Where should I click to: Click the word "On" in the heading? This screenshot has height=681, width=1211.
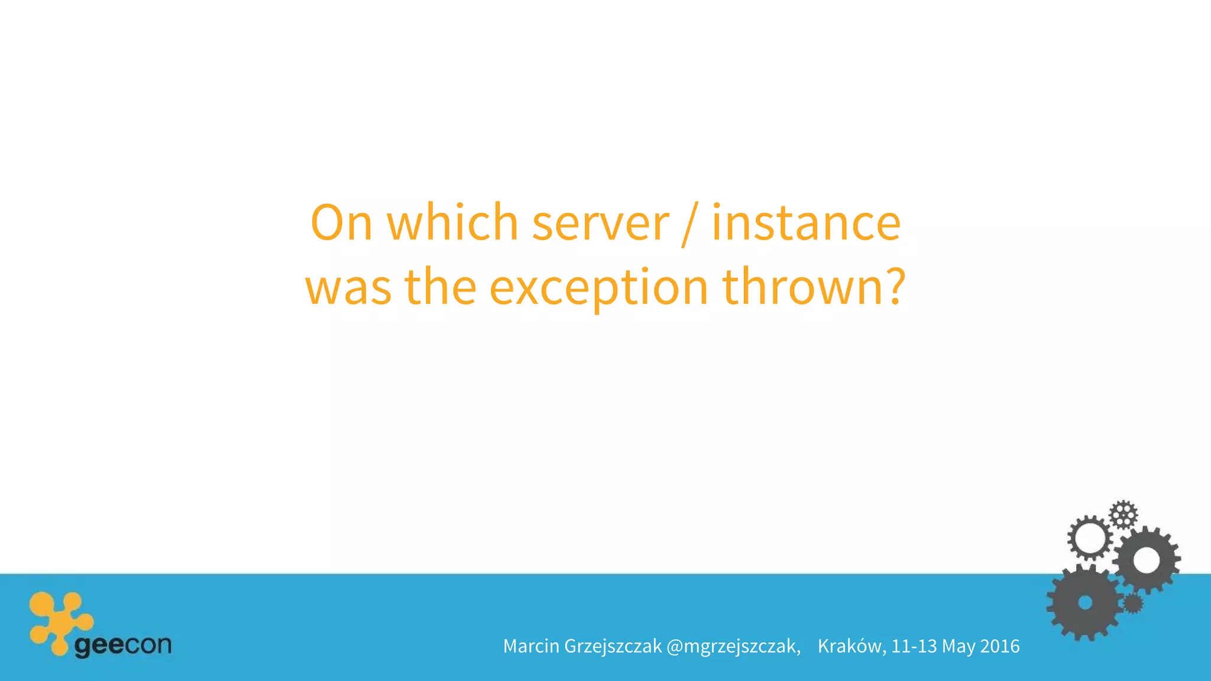point(341,223)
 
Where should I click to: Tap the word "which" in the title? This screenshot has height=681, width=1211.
point(452,223)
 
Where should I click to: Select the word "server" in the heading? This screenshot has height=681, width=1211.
point(600,223)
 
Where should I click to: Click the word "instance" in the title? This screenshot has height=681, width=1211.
point(806,223)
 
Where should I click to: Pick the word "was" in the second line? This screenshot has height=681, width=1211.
point(348,287)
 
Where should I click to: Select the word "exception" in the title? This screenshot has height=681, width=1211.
point(598,288)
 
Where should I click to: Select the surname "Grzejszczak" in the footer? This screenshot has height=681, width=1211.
point(613,647)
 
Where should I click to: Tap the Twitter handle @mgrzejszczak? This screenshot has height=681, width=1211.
point(733,647)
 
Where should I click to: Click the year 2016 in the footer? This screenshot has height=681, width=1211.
point(1000,646)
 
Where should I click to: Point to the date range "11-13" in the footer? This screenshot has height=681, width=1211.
point(914,646)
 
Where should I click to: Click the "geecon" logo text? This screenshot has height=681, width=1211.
point(123,645)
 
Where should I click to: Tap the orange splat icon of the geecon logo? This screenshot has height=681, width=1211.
point(59,621)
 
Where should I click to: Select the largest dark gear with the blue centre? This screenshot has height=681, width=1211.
point(1084,602)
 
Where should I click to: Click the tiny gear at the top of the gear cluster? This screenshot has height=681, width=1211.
point(1123,514)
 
